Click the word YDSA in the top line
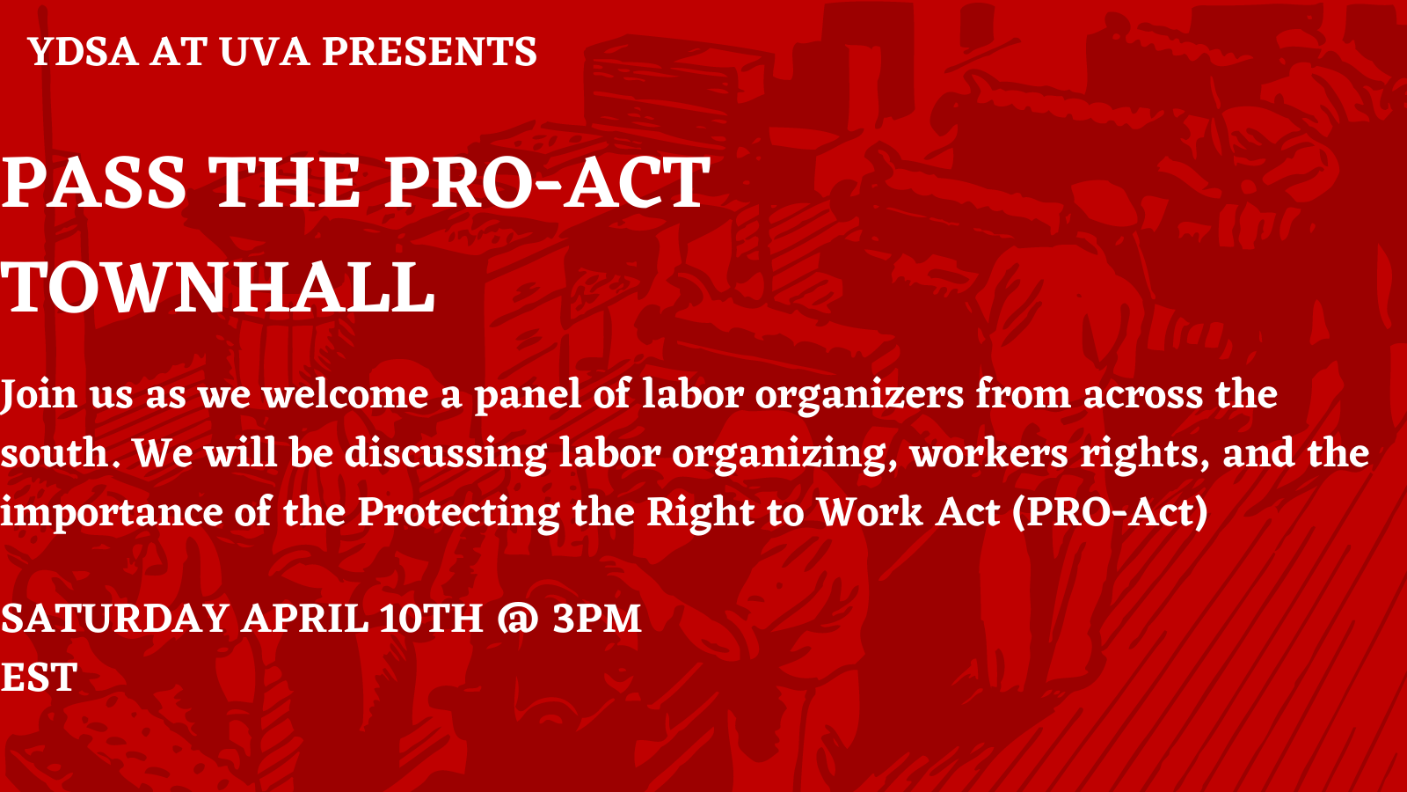pos(83,52)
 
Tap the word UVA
pos(265,52)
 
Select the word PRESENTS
pos(430,52)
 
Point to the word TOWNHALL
pos(217,287)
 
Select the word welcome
pos(345,395)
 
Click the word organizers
pos(859,396)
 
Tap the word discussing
pos(445,454)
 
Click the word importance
pos(111,513)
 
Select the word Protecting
pos(458,513)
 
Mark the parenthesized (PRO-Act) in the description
pos(1110,512)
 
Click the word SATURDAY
pos(114,619)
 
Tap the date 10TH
pos(431,619)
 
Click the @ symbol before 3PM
pos(518,619)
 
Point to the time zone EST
pos(39,678)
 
